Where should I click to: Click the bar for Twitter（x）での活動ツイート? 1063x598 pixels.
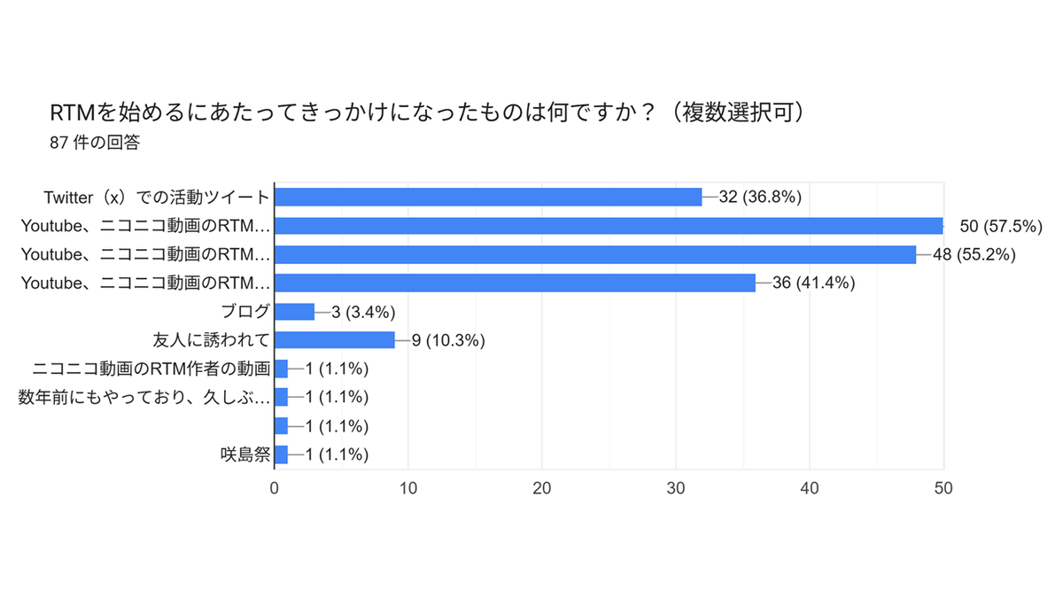click(488, 197)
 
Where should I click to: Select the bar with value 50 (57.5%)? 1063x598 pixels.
click(609, 226)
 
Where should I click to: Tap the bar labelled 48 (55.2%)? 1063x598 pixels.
click(595, 254)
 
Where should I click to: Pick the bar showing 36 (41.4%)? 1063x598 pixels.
click(515, 283)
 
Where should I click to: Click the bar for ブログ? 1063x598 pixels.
click(295, 312)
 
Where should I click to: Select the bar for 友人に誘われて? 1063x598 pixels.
click(335, 340)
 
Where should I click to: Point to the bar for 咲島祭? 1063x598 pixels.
click(281, 454)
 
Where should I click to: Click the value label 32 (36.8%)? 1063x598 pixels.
click(760, 197)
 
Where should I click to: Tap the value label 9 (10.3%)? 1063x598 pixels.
click(448, 340)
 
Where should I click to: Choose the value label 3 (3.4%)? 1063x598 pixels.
click(363, 312)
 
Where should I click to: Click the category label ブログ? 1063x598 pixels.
click(245, 312)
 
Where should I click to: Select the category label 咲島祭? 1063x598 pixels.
click(245, 454)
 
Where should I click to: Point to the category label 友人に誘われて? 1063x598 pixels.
click(211, 340)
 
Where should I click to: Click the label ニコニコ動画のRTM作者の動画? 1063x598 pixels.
click(151, 369)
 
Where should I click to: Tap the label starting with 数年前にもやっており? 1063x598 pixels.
click(144, 397)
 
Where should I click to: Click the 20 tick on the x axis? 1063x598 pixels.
click(542, 488)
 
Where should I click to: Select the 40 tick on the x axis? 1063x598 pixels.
click(810, 488)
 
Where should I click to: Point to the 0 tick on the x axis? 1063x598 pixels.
click(275, 488)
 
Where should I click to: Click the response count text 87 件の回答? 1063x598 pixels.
click(95, 143)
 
